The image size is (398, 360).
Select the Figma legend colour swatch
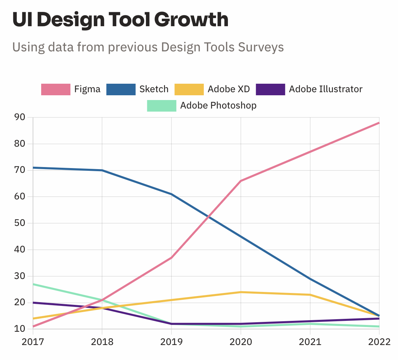[x=55, y=89]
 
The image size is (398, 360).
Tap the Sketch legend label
[x=154, y=89]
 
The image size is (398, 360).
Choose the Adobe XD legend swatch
[x=189, y=89]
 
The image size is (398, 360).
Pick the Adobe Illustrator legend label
[x=326, y=89]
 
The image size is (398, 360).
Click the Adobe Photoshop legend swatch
[x=161, y=106]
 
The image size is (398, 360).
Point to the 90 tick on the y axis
[x=20, y=117]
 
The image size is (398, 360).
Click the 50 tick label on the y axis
[x=20, y=223]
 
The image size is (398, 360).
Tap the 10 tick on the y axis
[x=20, y=329]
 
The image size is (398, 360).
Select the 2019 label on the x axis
[x=171, y=341]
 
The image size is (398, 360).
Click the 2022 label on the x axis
[x=379, y=341]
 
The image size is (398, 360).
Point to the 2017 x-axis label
[x=33, y=341]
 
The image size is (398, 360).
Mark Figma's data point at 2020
[x=241, y=181]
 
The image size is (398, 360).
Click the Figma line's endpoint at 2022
[x=379, y=123]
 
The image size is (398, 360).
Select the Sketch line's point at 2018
[x=102, y=170]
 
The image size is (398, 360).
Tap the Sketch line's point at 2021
[x=310, y=279]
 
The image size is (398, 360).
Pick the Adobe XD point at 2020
[x=241, y=292]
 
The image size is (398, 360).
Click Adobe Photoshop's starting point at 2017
[x=33, y=284]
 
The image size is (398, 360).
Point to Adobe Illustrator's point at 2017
[x=33, y=302]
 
